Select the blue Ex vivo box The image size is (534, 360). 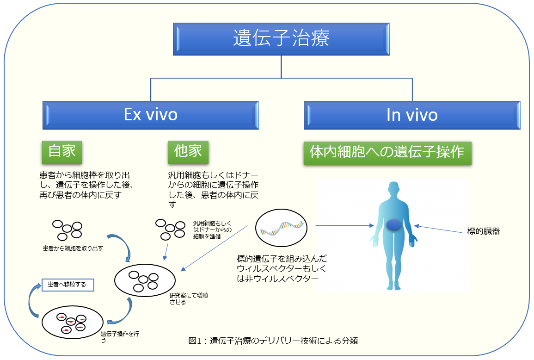[151, 115]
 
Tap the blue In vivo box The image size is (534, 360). [412, 115]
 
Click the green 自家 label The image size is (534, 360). [62, 152]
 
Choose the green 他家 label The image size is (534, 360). [188, 152]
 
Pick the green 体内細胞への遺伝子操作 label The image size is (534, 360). [387, 153]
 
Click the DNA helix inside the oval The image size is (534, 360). [282, 227]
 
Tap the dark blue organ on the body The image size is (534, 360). [394, 225]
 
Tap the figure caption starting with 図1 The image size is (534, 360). [274, 341]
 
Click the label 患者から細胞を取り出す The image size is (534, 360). [73, 248]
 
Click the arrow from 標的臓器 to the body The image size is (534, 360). [439, 229]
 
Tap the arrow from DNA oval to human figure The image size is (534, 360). [344, 226]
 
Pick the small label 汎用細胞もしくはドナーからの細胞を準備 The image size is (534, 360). [212, 230]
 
